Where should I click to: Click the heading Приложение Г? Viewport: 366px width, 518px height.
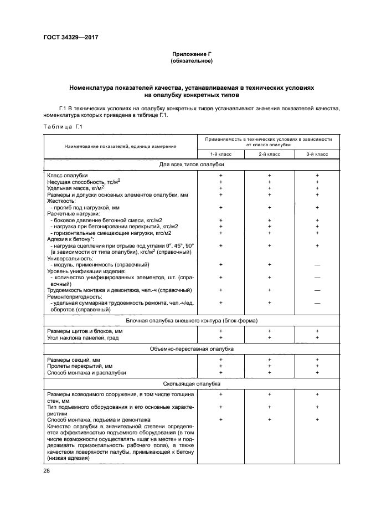(192, 54)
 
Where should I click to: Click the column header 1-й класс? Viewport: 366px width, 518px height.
(220, 153)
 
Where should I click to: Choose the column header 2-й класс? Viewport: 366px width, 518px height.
(269, 153)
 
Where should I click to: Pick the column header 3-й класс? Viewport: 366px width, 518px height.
(317, 153)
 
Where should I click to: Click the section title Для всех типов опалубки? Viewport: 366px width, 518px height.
(192, 165)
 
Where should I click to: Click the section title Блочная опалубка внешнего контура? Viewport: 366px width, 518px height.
(192, 321)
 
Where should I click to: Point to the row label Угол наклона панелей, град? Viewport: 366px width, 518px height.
(83, 338)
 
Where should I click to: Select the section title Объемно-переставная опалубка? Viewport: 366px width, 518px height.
(192, 349)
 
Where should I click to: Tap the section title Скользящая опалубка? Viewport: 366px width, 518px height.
(192, 383)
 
